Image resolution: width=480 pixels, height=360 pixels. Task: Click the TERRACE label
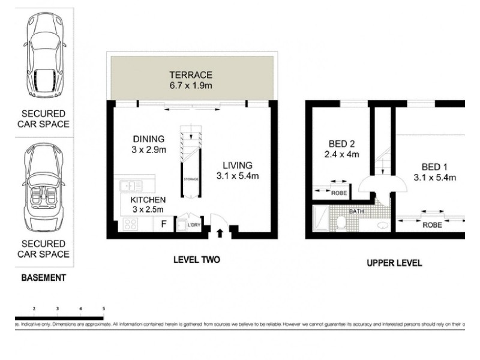pyautogui.click(x=190, y=75)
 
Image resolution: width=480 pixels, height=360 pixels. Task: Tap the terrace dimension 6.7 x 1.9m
pyautogui.click(x=190, y=86)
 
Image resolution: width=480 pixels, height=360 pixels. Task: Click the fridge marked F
pyautogui.click(x=163, y=225)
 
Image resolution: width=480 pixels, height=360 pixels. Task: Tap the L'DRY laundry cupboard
pyautogui.click(x=193, y=225)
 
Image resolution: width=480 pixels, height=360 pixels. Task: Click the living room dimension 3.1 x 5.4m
pyautogui.click(x=238, y=176)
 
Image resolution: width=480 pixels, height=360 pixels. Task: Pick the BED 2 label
pyautogui.click(x=343, y=143)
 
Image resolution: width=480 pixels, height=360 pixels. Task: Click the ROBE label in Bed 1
pyautogui.click(x=433, y=225)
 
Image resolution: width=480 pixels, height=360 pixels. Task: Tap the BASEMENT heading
pyautogui.click(x=43, y=278)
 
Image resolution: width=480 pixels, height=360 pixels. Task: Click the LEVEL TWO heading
pyautogui.click(x=196, y=260)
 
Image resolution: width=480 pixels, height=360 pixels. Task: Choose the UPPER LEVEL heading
pyautogui.click(x=394, y=263)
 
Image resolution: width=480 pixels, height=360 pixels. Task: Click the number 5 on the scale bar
pyautogui.click(x=103, y=308)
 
